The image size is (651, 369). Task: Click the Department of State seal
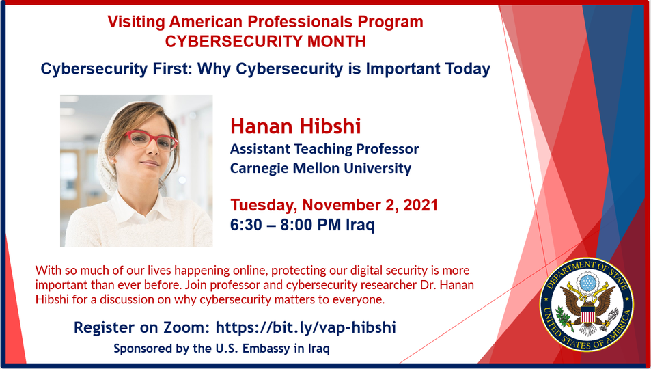tap(586, 305)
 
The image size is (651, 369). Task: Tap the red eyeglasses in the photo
tap(152, 139)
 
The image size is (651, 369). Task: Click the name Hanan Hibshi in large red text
tap(296, 126)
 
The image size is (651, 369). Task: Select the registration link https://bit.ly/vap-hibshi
tap(305, 327)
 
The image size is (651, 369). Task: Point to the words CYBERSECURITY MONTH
tap(265, 42)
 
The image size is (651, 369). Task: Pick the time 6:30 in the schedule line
tap(246, 225)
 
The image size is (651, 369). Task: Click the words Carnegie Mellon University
tap(320, 168)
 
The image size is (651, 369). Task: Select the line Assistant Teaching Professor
tap(324, 149)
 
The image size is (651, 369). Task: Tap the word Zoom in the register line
tap(190, 327)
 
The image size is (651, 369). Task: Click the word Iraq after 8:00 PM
tap(361, 225)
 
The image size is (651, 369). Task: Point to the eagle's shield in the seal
tap(587, 313)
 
